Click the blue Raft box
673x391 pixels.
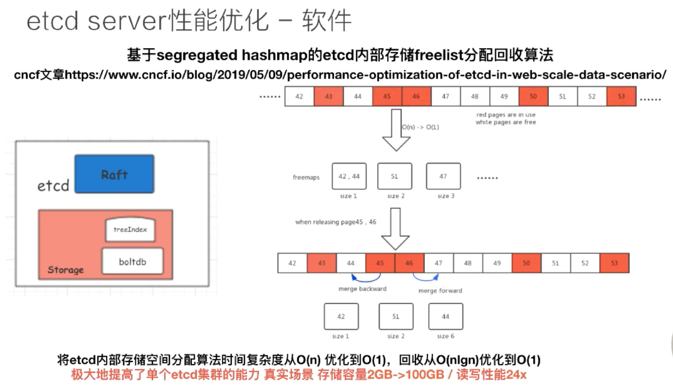point(114,174)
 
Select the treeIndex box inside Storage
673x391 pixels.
point(130,230)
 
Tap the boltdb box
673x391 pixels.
point(132,261)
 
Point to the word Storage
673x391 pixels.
point(65,270)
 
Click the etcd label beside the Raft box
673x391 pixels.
point(53,186)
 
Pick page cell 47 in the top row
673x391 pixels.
point(445,96)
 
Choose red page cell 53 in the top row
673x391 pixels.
point(621,96)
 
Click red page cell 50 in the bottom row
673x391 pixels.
point(526,263)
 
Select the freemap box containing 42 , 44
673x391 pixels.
point(349,176)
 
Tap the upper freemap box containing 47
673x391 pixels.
point(443,176)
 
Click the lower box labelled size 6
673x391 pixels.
point(445,316)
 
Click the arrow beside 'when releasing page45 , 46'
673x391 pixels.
point(395,229)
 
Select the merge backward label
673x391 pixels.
point(362,289)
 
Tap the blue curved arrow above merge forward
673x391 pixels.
point(426,278)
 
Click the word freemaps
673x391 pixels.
point(306,177)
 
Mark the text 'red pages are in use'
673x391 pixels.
point(506,115)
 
